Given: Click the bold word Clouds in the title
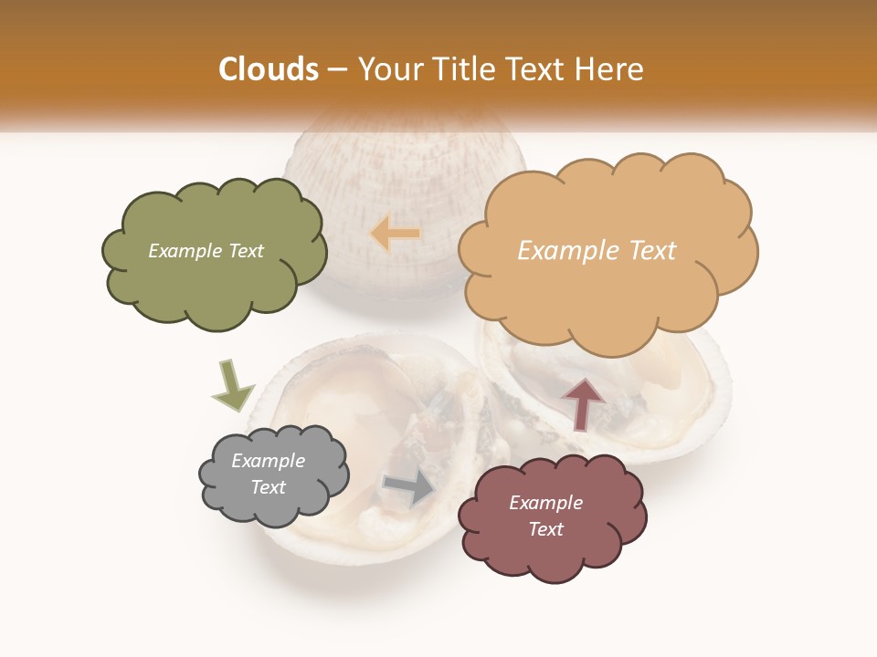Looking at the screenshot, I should (x=268, y=69).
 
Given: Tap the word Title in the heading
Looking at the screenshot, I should (x=455, y=69).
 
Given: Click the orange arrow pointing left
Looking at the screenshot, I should (x=395, y=234).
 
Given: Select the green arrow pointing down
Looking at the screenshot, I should (x=232, y=385).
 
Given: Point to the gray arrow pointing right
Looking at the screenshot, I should (x=409, y=487).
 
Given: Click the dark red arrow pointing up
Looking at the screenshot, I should (x=583, y=402).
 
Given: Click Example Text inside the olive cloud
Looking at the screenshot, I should (x=206, y=251).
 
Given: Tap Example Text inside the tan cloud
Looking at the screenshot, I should (x=597, y=251).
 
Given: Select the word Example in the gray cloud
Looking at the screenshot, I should (x=268, y=461).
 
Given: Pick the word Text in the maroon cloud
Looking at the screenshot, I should (x=545, y=529).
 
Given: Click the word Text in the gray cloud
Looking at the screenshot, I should (x=268, y=487).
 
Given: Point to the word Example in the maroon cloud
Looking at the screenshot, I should (x=545, y=503).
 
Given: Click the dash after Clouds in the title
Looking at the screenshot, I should (x=336, y=69).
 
